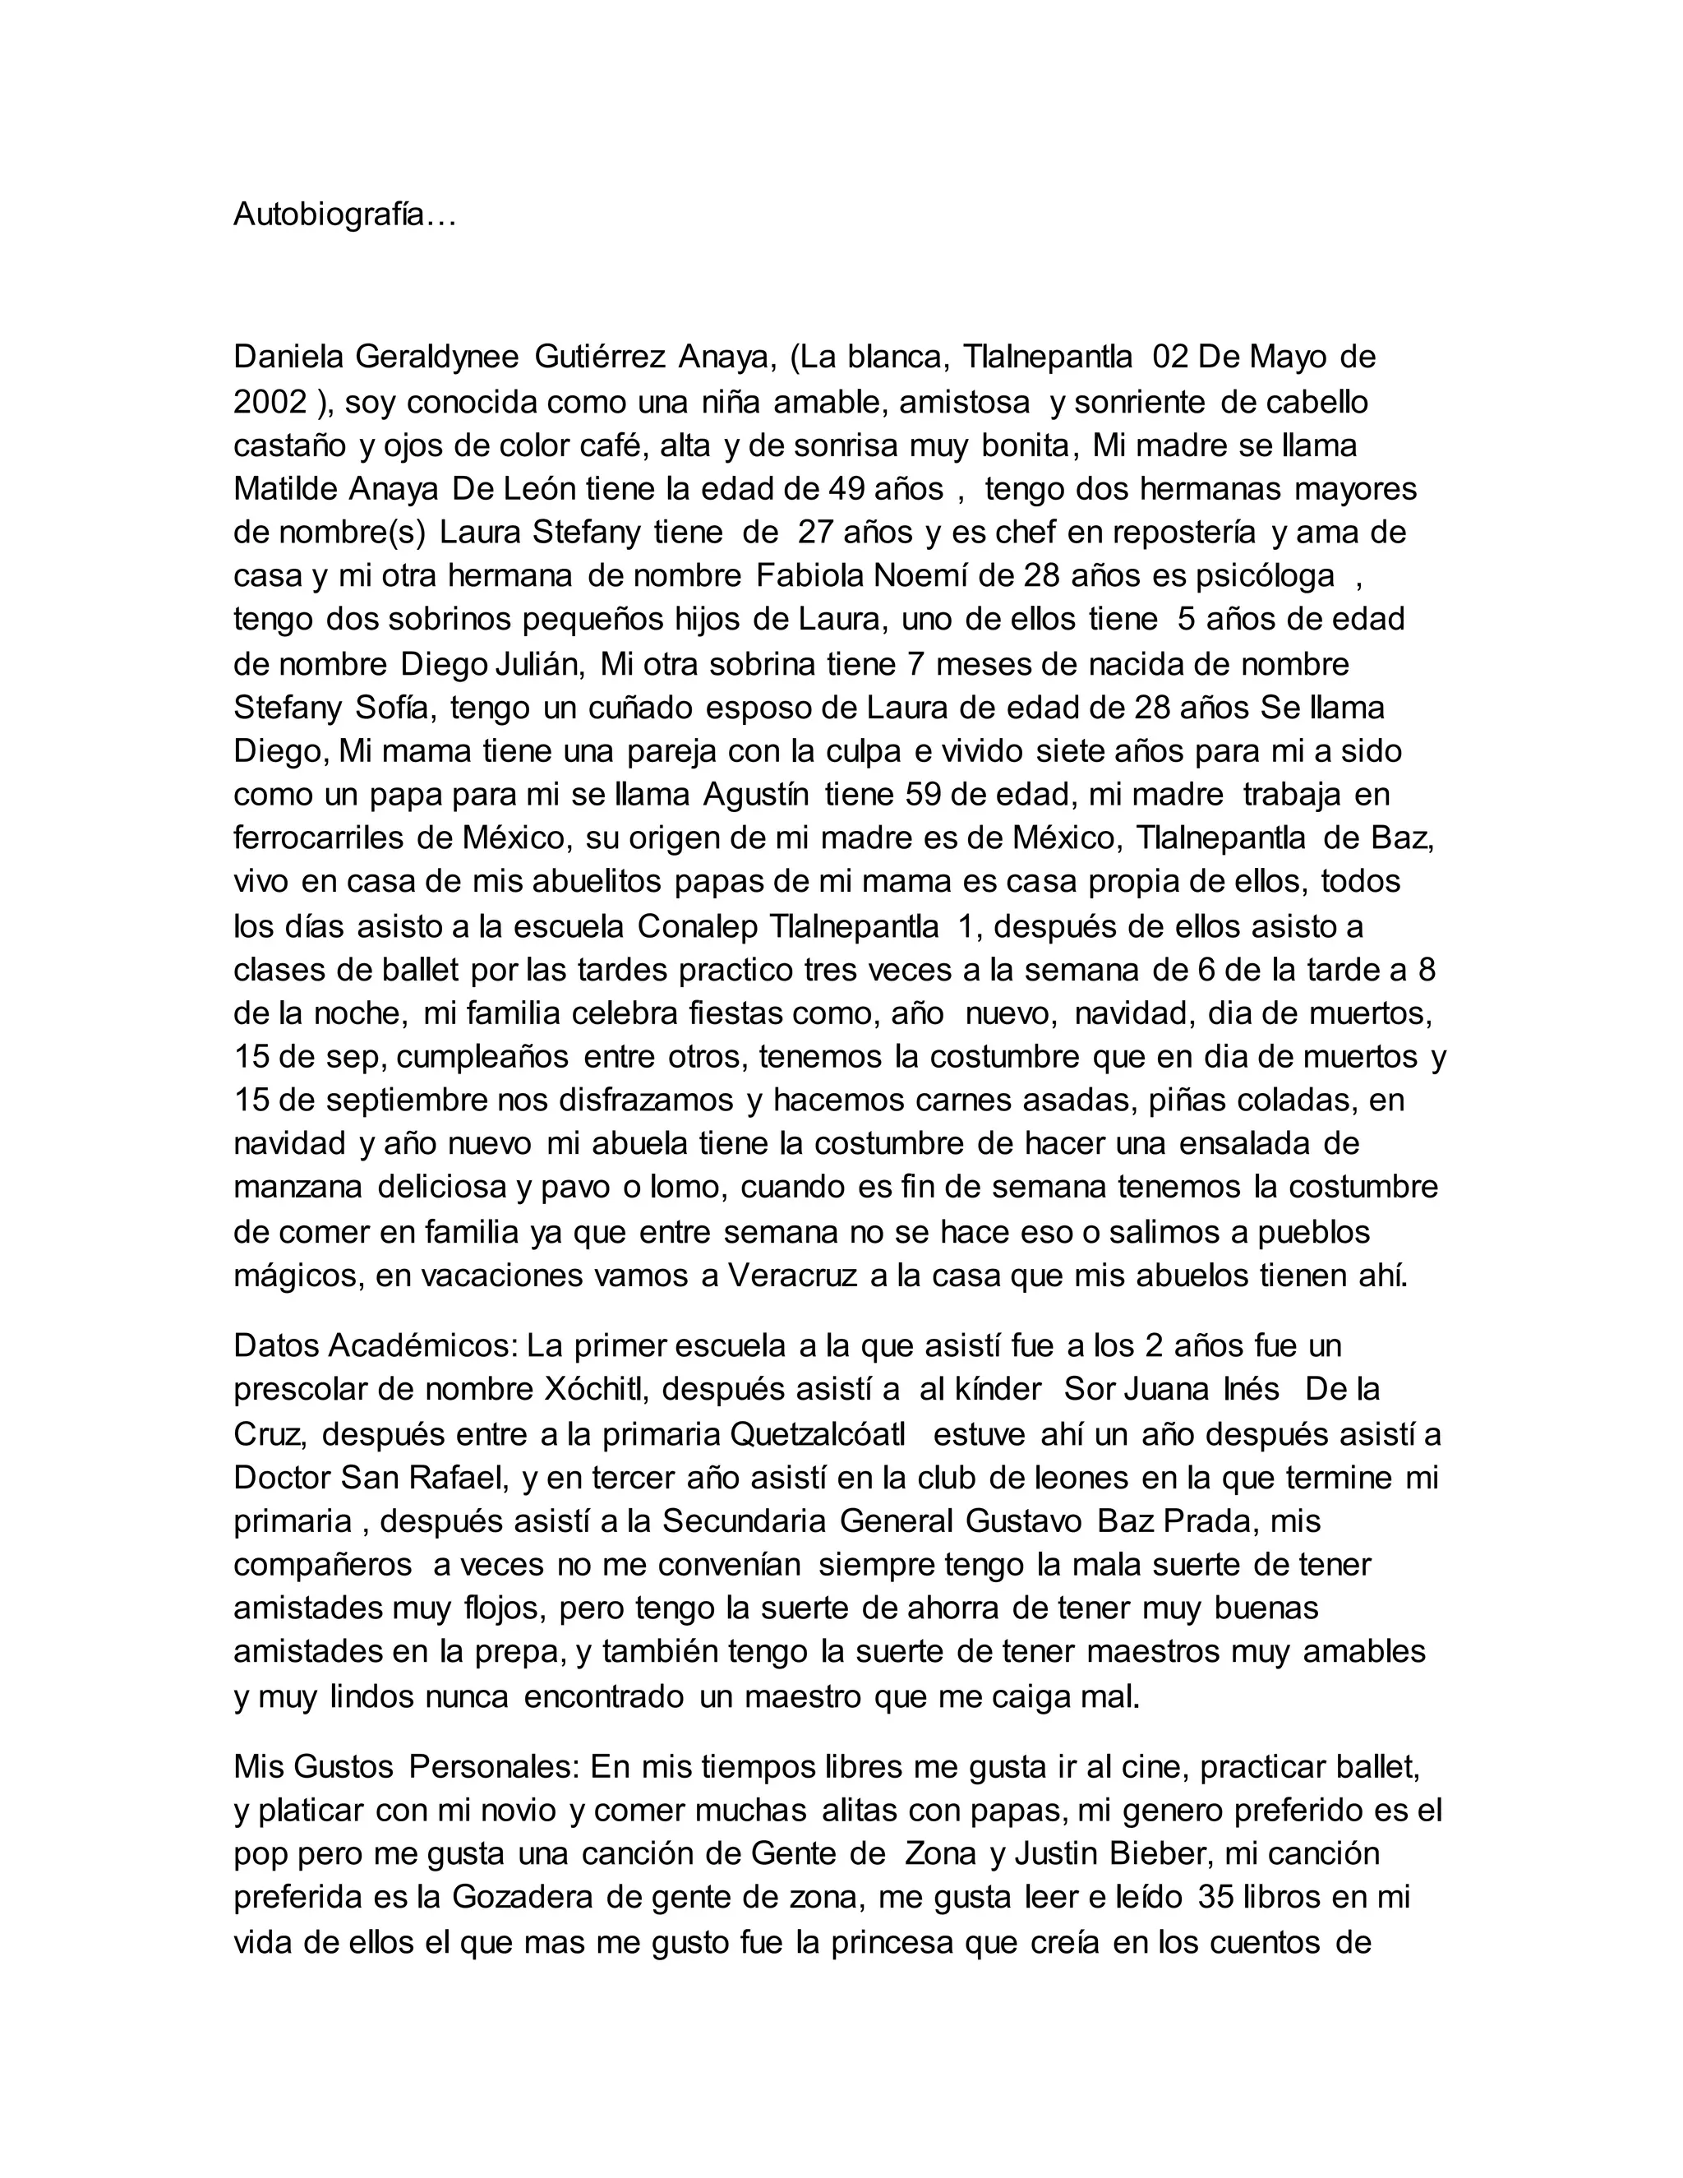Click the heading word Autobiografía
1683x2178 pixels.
[344, 215]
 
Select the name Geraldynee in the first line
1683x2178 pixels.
[436, 356]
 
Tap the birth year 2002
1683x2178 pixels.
[270, 401]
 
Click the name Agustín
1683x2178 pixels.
[756, 795]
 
